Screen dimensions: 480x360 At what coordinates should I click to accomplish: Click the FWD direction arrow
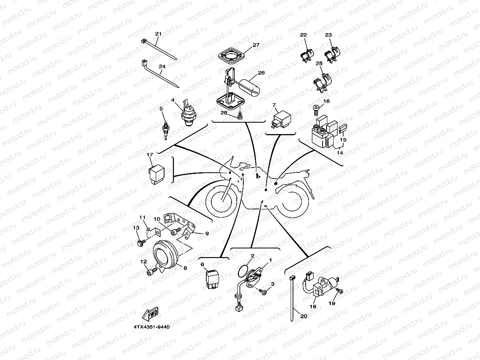click(x=150, y=314)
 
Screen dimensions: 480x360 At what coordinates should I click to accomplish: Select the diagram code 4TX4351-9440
click(x=151, y=327)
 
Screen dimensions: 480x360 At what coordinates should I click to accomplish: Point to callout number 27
click(x=256, y=45)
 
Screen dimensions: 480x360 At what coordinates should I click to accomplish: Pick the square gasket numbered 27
click(x=232, y=56)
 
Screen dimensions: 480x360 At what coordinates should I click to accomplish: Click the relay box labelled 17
click(x=156, y=175)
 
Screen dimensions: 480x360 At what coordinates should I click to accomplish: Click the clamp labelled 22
click(x=307, y=55)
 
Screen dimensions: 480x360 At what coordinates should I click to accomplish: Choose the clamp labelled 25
click(x=322, y=82)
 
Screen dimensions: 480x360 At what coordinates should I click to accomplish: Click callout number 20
click(x=304, y=316)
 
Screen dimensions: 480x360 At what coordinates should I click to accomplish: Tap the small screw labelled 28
click(x=240, y=116)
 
